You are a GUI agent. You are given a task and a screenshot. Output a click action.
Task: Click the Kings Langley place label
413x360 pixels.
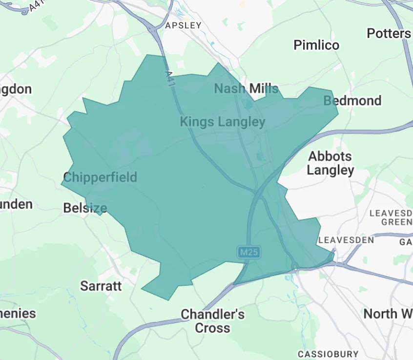pos(223,121)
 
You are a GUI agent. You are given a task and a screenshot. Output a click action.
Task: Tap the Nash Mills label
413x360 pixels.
pos(246,88)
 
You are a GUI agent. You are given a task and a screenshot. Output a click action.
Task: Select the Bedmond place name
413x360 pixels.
pos(352,100)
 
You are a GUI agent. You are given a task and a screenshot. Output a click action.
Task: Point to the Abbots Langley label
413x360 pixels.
pos(330,163)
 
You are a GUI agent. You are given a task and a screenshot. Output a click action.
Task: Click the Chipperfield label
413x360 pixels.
pos(100,177)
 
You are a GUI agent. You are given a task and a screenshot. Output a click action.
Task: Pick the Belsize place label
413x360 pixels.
pos(85,208)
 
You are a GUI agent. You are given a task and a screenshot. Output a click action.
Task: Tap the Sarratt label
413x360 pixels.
pos(101,285)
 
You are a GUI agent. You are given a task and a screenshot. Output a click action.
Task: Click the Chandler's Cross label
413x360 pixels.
pos(212,320)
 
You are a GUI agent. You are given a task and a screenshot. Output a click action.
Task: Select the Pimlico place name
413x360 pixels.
pos(316,45)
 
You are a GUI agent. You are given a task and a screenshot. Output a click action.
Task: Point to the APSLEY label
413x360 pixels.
pos(183,25)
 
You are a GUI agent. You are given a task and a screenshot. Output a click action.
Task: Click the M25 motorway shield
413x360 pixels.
pos(249,252)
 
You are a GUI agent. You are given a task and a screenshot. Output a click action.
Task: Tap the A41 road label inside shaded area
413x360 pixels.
pos(170,78)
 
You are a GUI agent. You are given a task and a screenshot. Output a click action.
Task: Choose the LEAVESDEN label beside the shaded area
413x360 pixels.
pos(346,240)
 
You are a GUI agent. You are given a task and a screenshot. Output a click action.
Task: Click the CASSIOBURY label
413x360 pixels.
pos(328,354)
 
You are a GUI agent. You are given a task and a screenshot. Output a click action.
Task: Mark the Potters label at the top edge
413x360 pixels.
pos(389,33)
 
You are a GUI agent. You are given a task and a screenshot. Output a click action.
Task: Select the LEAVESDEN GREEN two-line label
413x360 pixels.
pos(391,218)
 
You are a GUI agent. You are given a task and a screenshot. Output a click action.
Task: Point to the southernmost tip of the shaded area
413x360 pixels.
pos(168,300)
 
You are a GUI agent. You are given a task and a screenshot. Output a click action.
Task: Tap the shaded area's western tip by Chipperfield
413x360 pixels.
pos(61,184)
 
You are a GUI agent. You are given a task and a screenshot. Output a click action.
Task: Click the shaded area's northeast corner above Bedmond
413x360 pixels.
pos(331,91)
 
